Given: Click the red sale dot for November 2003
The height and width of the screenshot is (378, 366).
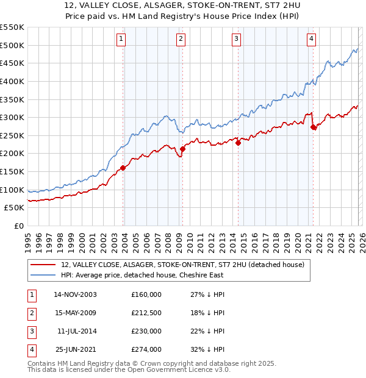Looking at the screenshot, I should tap(123, 168).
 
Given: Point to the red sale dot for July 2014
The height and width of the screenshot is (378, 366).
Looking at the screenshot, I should tap(238, 143).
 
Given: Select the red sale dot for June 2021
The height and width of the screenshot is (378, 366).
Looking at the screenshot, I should tap(313, 127).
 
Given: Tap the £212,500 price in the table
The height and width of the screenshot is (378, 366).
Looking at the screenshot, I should tap(146, 312).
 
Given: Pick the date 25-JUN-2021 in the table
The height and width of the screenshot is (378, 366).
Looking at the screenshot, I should tap(75, 349).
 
